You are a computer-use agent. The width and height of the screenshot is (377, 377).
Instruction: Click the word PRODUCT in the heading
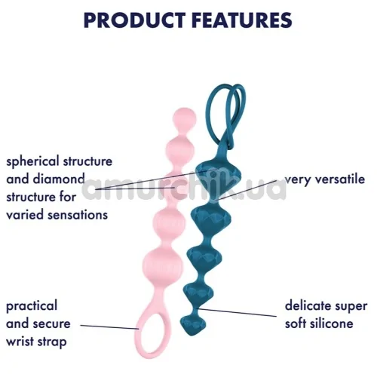135,20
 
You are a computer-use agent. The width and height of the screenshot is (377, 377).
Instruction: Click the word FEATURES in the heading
242,20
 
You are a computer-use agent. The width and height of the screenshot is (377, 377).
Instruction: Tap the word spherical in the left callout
32,162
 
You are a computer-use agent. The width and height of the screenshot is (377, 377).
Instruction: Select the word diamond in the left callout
59,179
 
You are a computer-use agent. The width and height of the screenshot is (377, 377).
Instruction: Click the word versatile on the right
339,179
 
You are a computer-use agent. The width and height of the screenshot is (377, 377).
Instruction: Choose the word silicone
331,323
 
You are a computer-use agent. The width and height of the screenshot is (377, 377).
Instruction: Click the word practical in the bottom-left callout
32,307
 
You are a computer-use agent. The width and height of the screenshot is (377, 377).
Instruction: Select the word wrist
20,342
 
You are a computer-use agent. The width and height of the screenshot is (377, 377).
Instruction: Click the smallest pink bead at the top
185,118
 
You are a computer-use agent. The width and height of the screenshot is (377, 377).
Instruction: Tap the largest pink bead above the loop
162,263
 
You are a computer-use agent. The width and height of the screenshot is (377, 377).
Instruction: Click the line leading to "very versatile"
247,190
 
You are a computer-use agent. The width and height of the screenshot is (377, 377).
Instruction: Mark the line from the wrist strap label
109,327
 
